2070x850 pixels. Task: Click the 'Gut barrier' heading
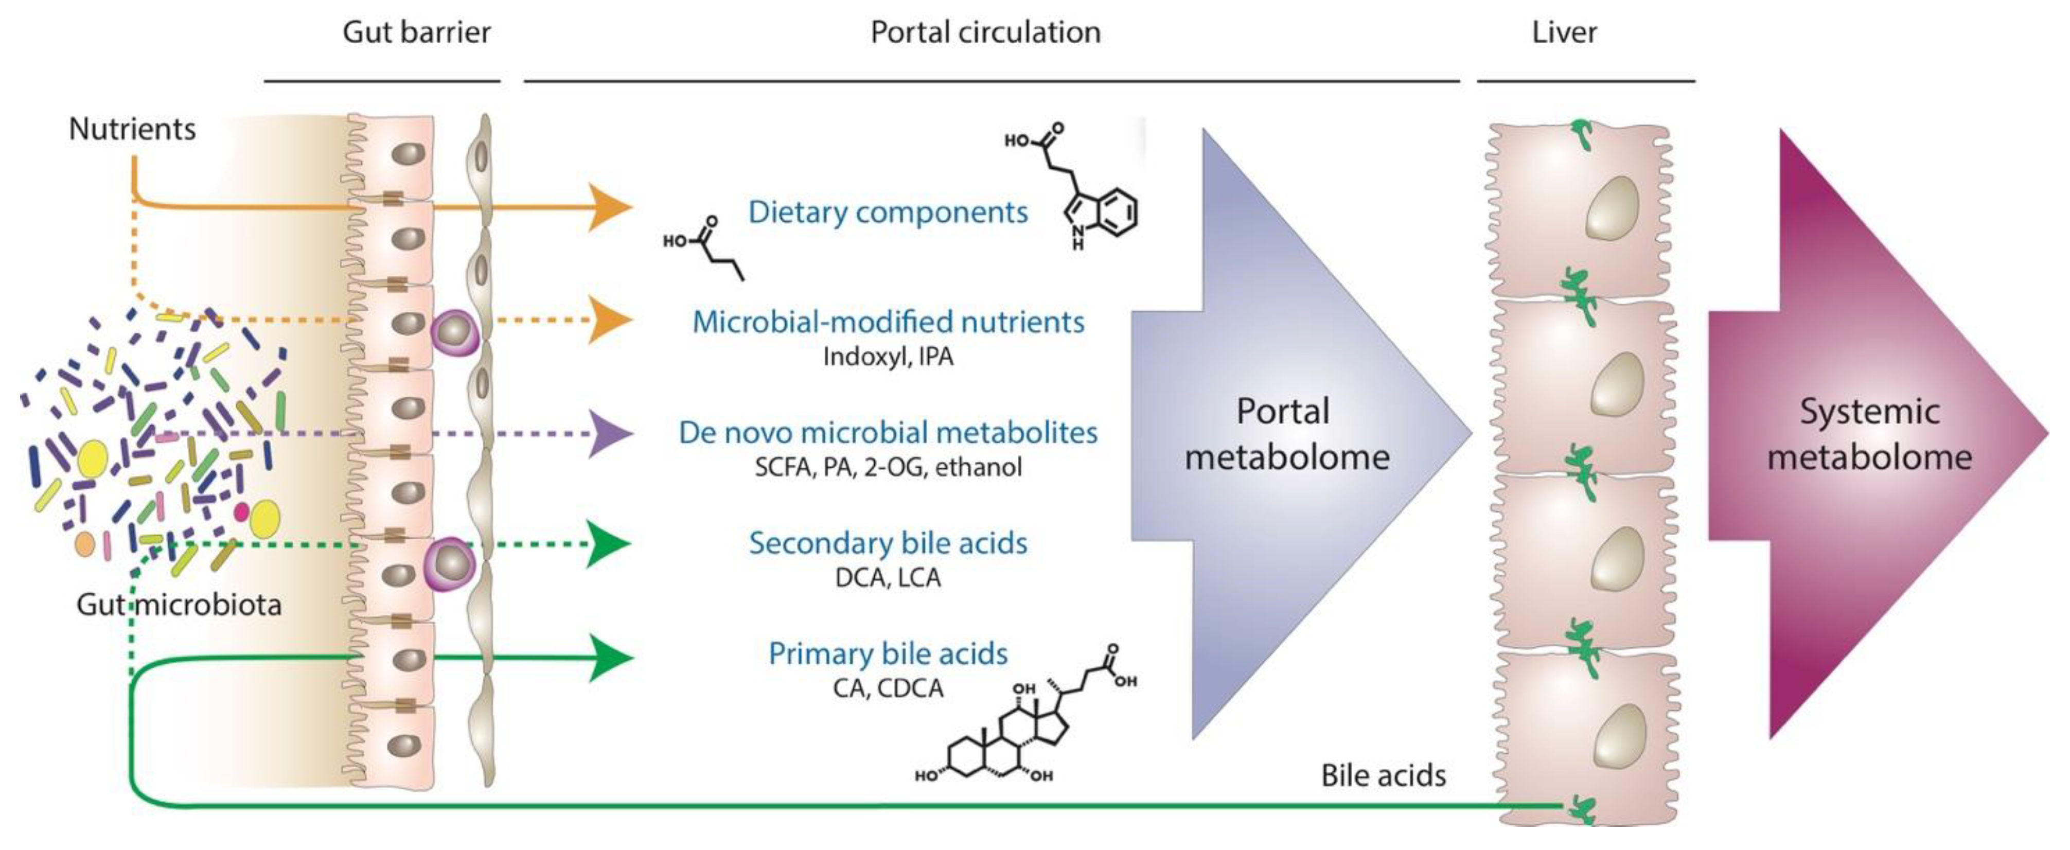click(x=416, y=32)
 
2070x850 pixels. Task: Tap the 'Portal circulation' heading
click(x=985, y=32)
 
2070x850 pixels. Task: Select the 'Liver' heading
click(x=1564, y=32)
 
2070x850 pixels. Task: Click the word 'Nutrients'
click(x=132, y=129)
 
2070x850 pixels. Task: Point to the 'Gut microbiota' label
click(x=179, y=604)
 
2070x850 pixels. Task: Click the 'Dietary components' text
click(x=887, y=212)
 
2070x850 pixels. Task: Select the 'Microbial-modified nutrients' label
click(x=888, y=322)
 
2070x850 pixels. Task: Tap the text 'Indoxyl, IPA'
click(x=888, y=356)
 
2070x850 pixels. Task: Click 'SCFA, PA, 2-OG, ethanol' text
click(x=888, y=467)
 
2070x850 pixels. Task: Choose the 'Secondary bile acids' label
click(x=888, y=543)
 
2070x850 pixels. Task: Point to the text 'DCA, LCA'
click(x=888, y=577)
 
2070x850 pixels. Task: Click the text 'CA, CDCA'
click(x=888, y=688)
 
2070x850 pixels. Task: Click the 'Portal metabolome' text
click(x=1286, y=434)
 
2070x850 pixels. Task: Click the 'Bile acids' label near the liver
click(x=1383, y=775)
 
